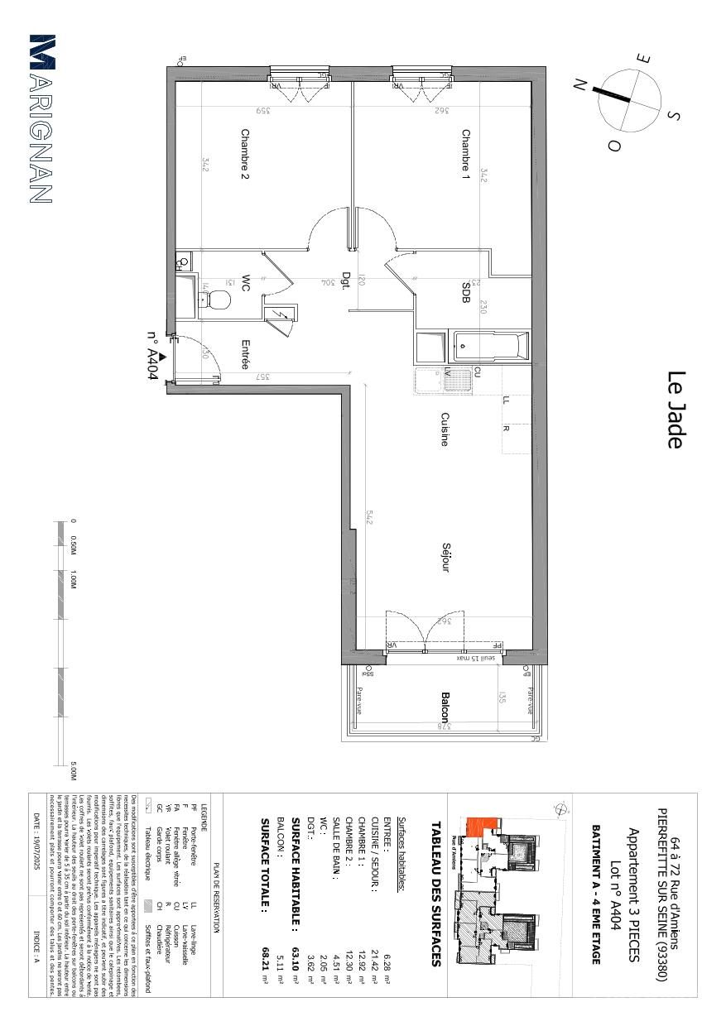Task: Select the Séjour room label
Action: click(445, 558)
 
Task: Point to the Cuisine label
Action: click(445, 429)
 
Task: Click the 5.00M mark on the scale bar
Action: click(74, 769)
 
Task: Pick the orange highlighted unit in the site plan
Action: click(483, 826)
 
